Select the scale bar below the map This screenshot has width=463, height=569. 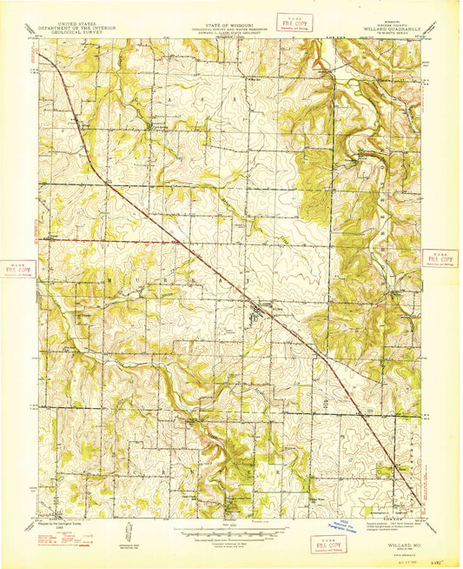(x=229, y=526)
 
